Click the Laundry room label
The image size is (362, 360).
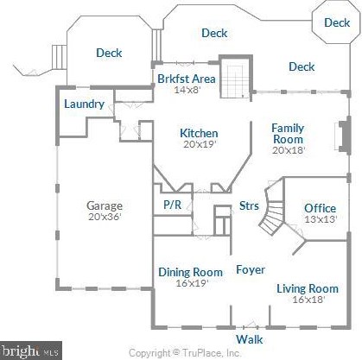[84, 104]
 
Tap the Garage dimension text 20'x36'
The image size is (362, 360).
[105, 217]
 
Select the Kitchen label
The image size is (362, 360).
[199, 133]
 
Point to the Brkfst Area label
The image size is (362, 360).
[187, 79]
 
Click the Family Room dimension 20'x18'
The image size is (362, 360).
[289, 150]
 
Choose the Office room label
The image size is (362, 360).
[320, 208]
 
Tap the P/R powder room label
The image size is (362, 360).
[173, 205]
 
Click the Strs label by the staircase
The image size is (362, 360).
[249, 205]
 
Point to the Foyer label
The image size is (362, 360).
[251, 269]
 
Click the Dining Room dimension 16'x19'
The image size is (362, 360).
[192, 283]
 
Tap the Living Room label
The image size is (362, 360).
[308, 288]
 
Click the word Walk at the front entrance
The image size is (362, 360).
[250, 339]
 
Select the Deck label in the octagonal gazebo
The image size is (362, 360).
[337, 22]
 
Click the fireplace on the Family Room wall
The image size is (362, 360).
[343, 136]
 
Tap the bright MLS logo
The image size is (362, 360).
[31, 351]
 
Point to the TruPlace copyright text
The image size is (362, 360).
[185, 353]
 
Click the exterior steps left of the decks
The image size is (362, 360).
[59, 57]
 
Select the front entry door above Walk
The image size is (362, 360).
[251, 325]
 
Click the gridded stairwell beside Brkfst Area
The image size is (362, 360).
[235, 82]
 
